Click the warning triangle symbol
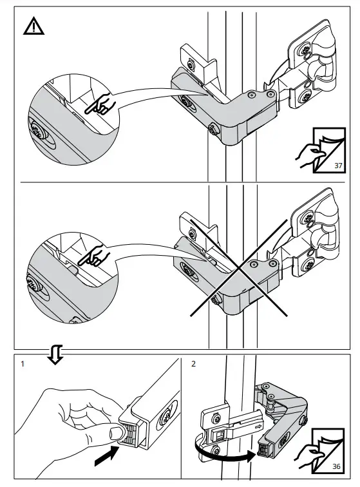click(x=33, y=26)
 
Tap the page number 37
click(x=338, y=166)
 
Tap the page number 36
click(x=336, y=466)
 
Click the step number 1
click(x=23, y=363)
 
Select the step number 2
click(x=193, y=363)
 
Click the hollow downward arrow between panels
click(x=55, y=354)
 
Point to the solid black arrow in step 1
click(x=106, y=455)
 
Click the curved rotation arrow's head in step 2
click(x=251, y=456)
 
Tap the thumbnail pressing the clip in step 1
click(x=117, y=432)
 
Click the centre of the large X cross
click(x=238, y=268)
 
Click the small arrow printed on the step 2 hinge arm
click(x=258, y=426)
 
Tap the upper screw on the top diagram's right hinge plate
click(x=303, y=50)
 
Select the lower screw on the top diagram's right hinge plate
click(x=303, y=97)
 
